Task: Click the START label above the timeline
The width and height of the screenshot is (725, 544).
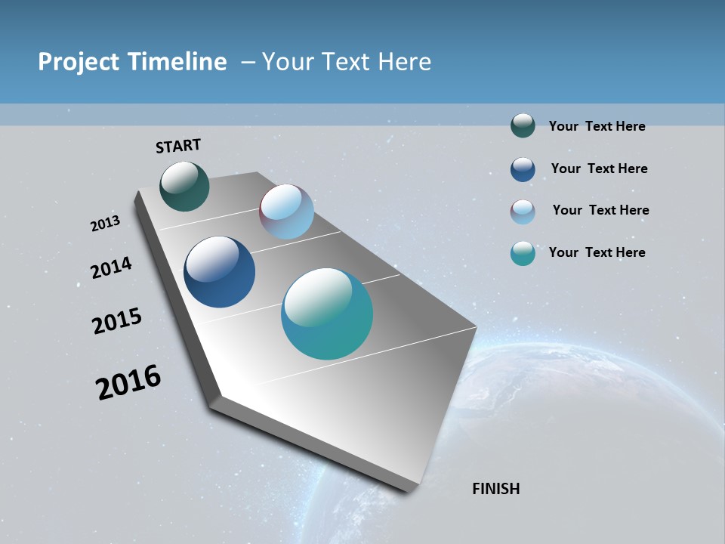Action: click(178, 146)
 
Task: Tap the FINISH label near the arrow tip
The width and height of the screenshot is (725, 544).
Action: click(495, 489)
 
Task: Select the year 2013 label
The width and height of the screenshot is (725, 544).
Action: click(105, 224)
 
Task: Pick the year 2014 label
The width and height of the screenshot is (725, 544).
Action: click(111, 267)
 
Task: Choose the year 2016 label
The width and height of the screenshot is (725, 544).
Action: click(128, 382)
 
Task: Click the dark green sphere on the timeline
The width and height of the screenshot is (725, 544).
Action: click(184, 187)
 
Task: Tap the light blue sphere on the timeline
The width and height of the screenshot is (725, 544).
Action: click(286, 212)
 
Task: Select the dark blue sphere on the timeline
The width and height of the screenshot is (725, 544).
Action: click(219, 272)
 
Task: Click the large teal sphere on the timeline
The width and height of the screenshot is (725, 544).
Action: click(327, 314)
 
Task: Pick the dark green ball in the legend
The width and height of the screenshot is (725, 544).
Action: click(523, 126)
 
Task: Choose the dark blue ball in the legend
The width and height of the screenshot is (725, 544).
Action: click(523, 169)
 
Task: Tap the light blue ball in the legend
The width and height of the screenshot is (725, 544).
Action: click(523, 212)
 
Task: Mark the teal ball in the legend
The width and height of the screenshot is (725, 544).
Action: click(523, 253)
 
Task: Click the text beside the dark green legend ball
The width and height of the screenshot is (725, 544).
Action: click(597, 126)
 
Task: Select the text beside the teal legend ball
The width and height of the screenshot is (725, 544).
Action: click(597, 252)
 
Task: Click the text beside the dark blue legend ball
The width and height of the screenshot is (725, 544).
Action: click(599, 168)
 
